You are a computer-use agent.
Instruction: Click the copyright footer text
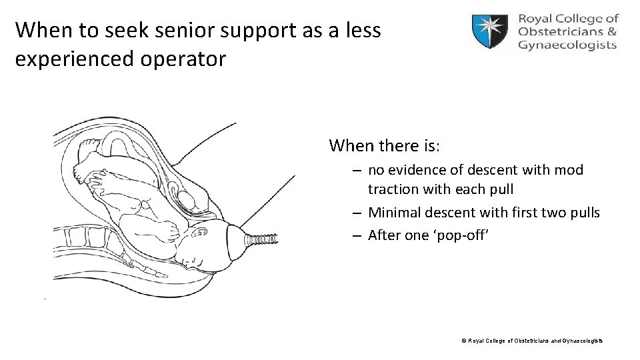click(x=532, y=341)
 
